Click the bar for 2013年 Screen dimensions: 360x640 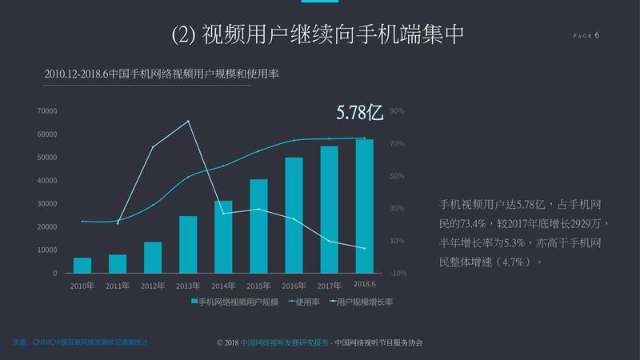point(188,244)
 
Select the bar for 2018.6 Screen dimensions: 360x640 point(364,206)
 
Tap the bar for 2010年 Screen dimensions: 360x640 point(82,266)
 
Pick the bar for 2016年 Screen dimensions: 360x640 point(294,215)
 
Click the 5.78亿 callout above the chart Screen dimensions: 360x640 point(360,113)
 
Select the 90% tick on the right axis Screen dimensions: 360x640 point(397,111)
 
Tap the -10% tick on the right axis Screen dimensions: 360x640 point(398,274)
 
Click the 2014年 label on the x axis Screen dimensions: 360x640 point(223,286)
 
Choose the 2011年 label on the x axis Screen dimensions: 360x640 point(118,286)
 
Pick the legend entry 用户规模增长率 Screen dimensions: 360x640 point(365,302)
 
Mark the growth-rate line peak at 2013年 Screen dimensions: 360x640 point(188,121)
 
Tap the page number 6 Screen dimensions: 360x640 point(597,35)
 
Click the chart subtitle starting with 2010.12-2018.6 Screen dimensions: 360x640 point(162,74)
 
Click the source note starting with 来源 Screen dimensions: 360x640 point(80,342)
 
